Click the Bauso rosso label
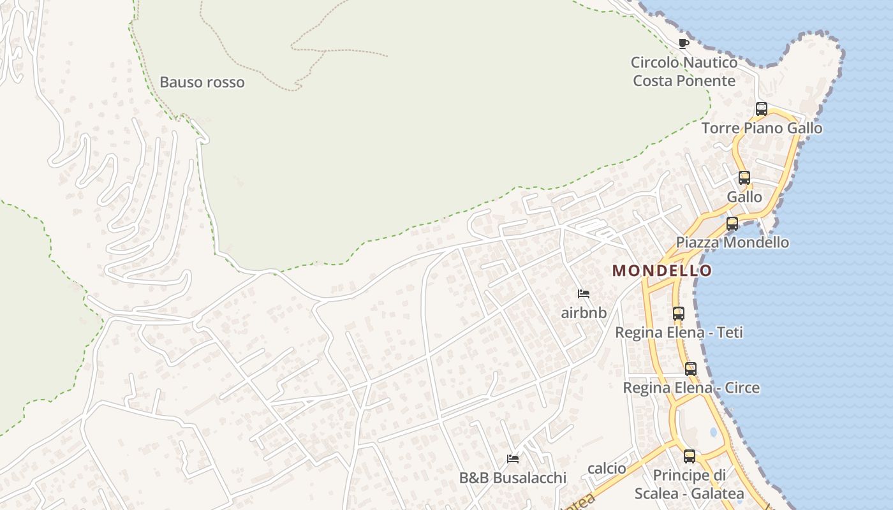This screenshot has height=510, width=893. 202,82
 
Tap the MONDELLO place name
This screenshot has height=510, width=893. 662,270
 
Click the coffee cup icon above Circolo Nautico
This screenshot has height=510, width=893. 684,44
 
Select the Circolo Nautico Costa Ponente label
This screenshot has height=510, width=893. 684,71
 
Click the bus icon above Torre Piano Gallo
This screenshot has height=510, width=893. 761,109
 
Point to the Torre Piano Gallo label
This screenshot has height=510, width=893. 762,128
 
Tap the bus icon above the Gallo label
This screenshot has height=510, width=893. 744,178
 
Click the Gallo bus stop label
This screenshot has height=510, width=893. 744,197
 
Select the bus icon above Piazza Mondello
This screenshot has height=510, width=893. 732,224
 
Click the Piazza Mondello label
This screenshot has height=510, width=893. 732,243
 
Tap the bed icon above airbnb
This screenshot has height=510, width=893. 583,294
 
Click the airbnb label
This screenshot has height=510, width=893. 583,313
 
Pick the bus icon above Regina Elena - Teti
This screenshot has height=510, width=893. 679,314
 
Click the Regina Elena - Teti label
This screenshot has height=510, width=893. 679,333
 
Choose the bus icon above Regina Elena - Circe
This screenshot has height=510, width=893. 691,369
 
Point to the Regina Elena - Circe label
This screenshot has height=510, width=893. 691,388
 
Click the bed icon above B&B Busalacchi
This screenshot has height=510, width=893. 512,458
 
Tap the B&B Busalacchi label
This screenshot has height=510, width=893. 512,477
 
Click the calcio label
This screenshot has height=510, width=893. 607,469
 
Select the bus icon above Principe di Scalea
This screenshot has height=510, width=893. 690,456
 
